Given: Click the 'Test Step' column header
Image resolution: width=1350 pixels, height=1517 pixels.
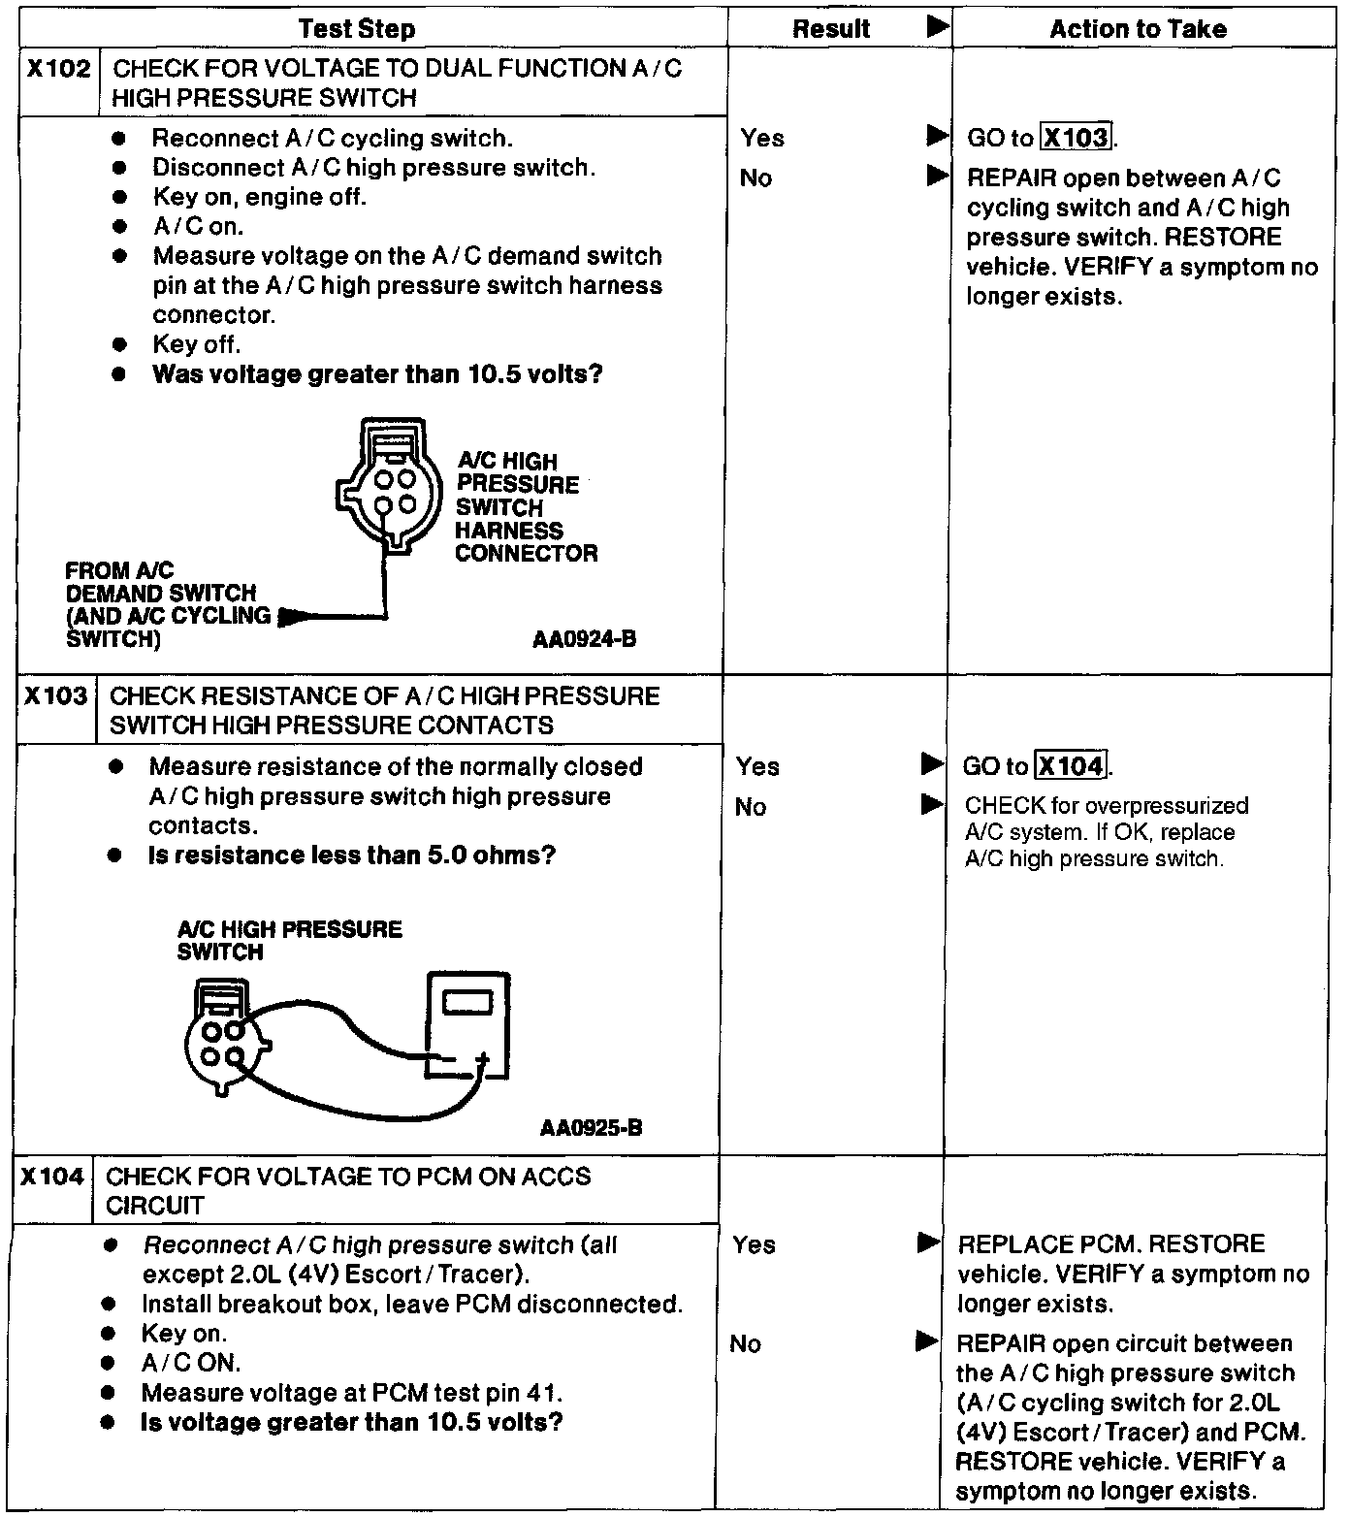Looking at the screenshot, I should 357,29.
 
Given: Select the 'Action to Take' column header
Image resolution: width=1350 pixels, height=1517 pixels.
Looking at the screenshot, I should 1138,29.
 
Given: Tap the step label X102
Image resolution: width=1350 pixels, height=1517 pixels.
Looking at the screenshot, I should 58,69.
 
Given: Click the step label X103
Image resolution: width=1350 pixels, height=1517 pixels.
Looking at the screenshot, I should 55,696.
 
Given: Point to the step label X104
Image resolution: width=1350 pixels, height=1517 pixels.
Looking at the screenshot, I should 52,1177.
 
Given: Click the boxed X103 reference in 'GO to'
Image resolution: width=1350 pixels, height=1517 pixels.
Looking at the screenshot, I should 1076,138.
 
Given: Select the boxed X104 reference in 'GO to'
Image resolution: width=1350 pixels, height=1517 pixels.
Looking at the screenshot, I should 1071,766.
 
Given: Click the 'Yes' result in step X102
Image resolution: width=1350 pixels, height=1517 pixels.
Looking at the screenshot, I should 762,138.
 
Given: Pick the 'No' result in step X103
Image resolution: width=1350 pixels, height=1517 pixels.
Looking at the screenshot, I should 751,807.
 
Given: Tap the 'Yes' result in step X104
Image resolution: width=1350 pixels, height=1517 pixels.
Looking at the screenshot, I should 754,1244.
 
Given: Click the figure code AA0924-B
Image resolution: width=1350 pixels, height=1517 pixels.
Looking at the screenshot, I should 584,639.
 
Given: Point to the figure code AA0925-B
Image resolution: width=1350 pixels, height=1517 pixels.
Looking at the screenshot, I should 591,1128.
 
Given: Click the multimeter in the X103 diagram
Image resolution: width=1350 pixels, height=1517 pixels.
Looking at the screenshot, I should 467,1026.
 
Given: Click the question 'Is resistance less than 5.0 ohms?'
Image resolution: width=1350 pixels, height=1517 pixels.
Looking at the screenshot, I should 351,855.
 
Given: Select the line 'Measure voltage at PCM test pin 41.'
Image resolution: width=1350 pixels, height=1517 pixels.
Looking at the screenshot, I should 352,1393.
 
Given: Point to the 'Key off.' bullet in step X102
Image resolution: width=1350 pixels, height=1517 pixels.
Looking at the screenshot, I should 196,344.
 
